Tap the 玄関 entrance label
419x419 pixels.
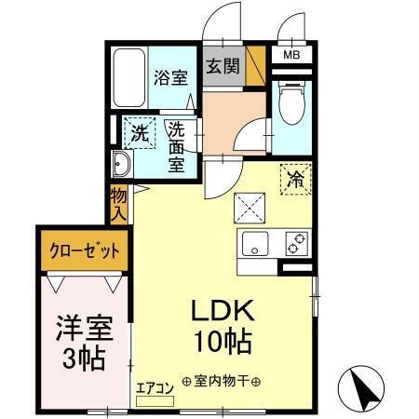pos(221,67)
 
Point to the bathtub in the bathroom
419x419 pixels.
pos(128,78)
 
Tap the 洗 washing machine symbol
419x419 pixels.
pos(139,132)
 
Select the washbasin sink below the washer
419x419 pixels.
pos(121,167)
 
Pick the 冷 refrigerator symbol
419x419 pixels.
pos(296,177)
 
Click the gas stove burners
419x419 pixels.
pos(297,244)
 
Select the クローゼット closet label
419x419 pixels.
pos(84,250)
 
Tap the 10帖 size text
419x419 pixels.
pos(222,341)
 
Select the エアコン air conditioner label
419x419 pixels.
pos(154,390)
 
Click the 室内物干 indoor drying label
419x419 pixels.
pos(222,382)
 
